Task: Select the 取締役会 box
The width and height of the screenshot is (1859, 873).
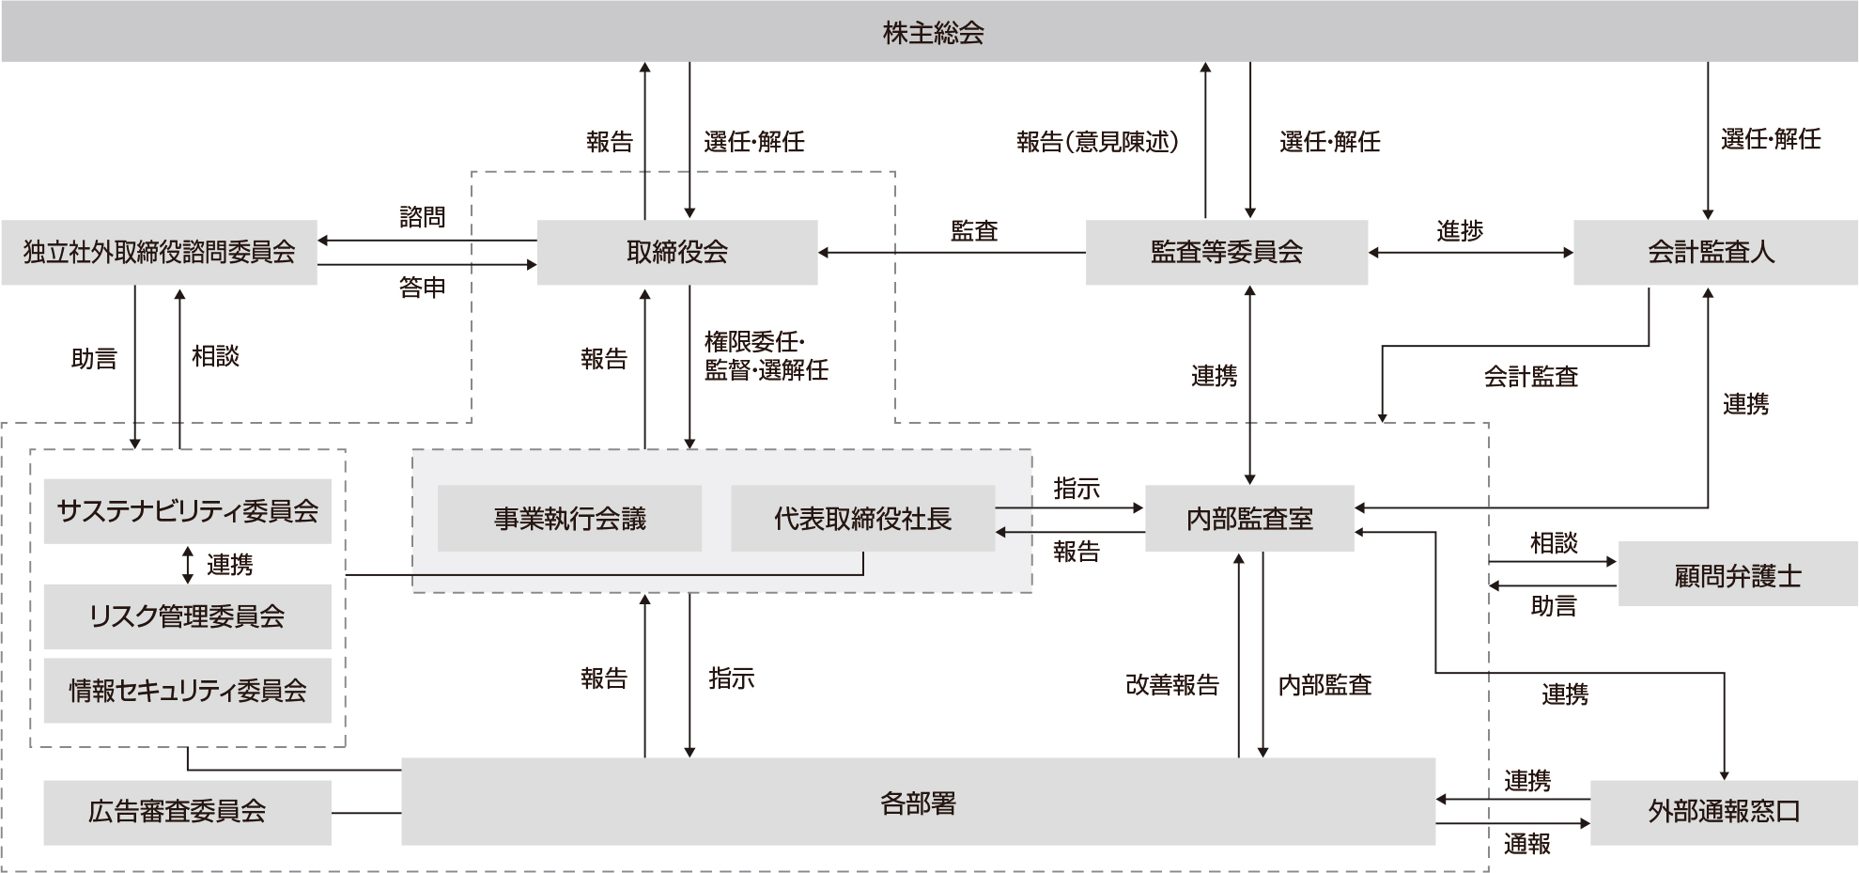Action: tap(676, 252)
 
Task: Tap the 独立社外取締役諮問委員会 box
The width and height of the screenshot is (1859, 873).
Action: tap(159, 252)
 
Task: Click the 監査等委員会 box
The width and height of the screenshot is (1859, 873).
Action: tap(1226, 252)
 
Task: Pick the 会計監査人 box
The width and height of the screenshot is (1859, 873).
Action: tap(1711, 252)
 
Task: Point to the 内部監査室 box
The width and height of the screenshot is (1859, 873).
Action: tap(1248, 519)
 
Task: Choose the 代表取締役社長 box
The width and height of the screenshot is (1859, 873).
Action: tap(861, 519)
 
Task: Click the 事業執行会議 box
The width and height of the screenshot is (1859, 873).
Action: tap(569, 519)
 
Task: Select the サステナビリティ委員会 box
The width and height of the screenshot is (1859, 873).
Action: tap(187, 511)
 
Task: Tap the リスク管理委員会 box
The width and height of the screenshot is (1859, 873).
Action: tap(187, 616)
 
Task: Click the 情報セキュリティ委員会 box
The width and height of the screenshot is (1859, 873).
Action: tap(187, 691)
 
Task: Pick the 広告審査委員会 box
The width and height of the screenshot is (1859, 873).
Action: tap(178, 811)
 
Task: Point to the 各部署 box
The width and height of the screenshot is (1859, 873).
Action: tap(918, 803)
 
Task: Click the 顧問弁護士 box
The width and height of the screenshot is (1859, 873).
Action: tap(1737, 575)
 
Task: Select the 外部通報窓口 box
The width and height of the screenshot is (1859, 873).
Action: tap(1723, 811)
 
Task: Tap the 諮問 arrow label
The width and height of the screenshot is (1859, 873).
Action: tap(422, 218)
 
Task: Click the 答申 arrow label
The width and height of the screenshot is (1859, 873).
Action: tap(422, 288)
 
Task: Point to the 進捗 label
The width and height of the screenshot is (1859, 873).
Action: tap(1459, 230)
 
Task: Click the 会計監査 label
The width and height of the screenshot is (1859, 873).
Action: tap(1530, 377)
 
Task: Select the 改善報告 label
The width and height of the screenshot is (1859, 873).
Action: tap(1171, 685)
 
